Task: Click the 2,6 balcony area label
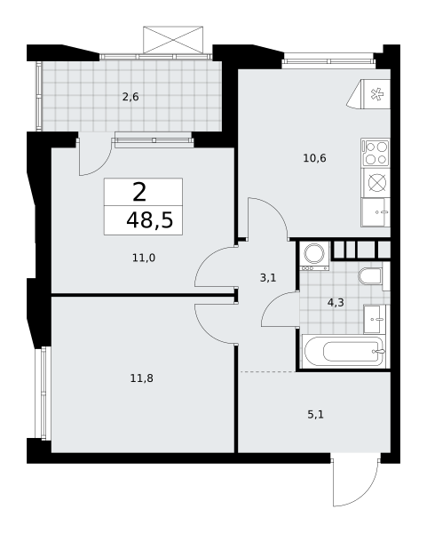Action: click(x=130, y=97)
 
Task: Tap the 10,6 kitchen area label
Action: click(x=314, y=158)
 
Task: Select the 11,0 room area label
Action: click(x=144, y=258)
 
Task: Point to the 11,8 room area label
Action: click(x=142, y=378)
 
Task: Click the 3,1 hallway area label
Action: click(x=268, y=278)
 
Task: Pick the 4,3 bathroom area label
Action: click(x=336, y=302)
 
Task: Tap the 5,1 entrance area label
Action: click(x=316, y=415)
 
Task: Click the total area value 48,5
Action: click(x=150, y=220)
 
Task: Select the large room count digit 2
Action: click(x=139, y=192)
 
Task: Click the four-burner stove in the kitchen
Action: click(x=375, y=153)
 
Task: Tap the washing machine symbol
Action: click(x=314, y=256)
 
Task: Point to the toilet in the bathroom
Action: click(x=370, y=276)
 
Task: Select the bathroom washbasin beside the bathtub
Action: click(x=375, y=320)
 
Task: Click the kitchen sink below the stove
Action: click(x=375, y=212)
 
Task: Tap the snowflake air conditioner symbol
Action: click(x=376, y=94)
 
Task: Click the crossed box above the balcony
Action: click(x=173, y=40)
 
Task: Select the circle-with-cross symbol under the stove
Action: click(x=376, y=183)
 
